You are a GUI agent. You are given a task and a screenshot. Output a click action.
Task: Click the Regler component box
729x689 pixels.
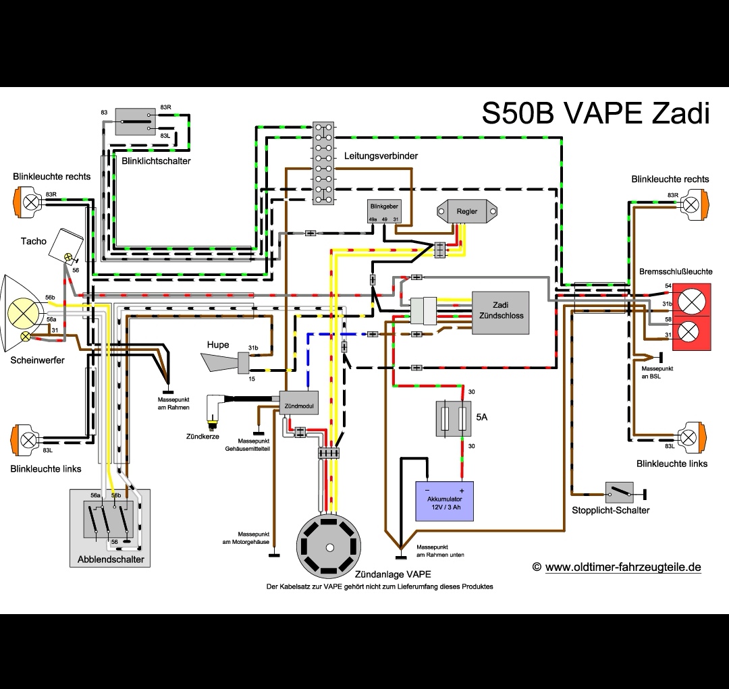[x=466, y=212]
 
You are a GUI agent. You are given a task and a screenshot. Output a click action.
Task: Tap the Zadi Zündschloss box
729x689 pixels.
[x=500, y=311]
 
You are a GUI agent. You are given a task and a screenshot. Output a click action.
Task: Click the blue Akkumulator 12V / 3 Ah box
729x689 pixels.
[x=444, y=500]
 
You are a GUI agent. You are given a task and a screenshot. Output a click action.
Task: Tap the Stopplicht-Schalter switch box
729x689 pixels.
[x=619, y=492]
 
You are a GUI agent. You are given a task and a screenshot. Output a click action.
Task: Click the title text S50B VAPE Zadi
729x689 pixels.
[x=595, y=113]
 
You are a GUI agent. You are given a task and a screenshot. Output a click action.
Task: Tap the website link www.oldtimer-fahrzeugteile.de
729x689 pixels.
[x=622, y=567]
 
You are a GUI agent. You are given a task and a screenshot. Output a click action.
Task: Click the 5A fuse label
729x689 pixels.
[x=482, y=417]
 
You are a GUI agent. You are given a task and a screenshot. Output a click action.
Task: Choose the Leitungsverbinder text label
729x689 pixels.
[x=381, y=156]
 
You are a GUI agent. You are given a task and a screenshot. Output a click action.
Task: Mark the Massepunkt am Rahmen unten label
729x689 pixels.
[x=440, y=551]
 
